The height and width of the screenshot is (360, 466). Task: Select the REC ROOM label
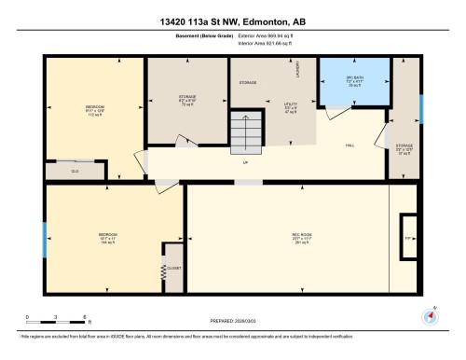[x=286, y=237]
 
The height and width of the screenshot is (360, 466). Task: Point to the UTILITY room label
[x=290, y=107]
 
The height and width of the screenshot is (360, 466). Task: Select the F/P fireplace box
[x=407, y=238]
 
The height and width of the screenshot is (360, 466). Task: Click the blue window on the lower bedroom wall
[x=43, y=239]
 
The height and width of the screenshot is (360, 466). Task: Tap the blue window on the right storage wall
[x=421, y=109]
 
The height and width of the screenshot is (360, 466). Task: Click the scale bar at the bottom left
[x=56, y=312]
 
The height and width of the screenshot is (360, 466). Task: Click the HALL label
[x=350, y=145]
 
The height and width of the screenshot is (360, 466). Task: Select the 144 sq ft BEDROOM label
[x=108, y=237]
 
